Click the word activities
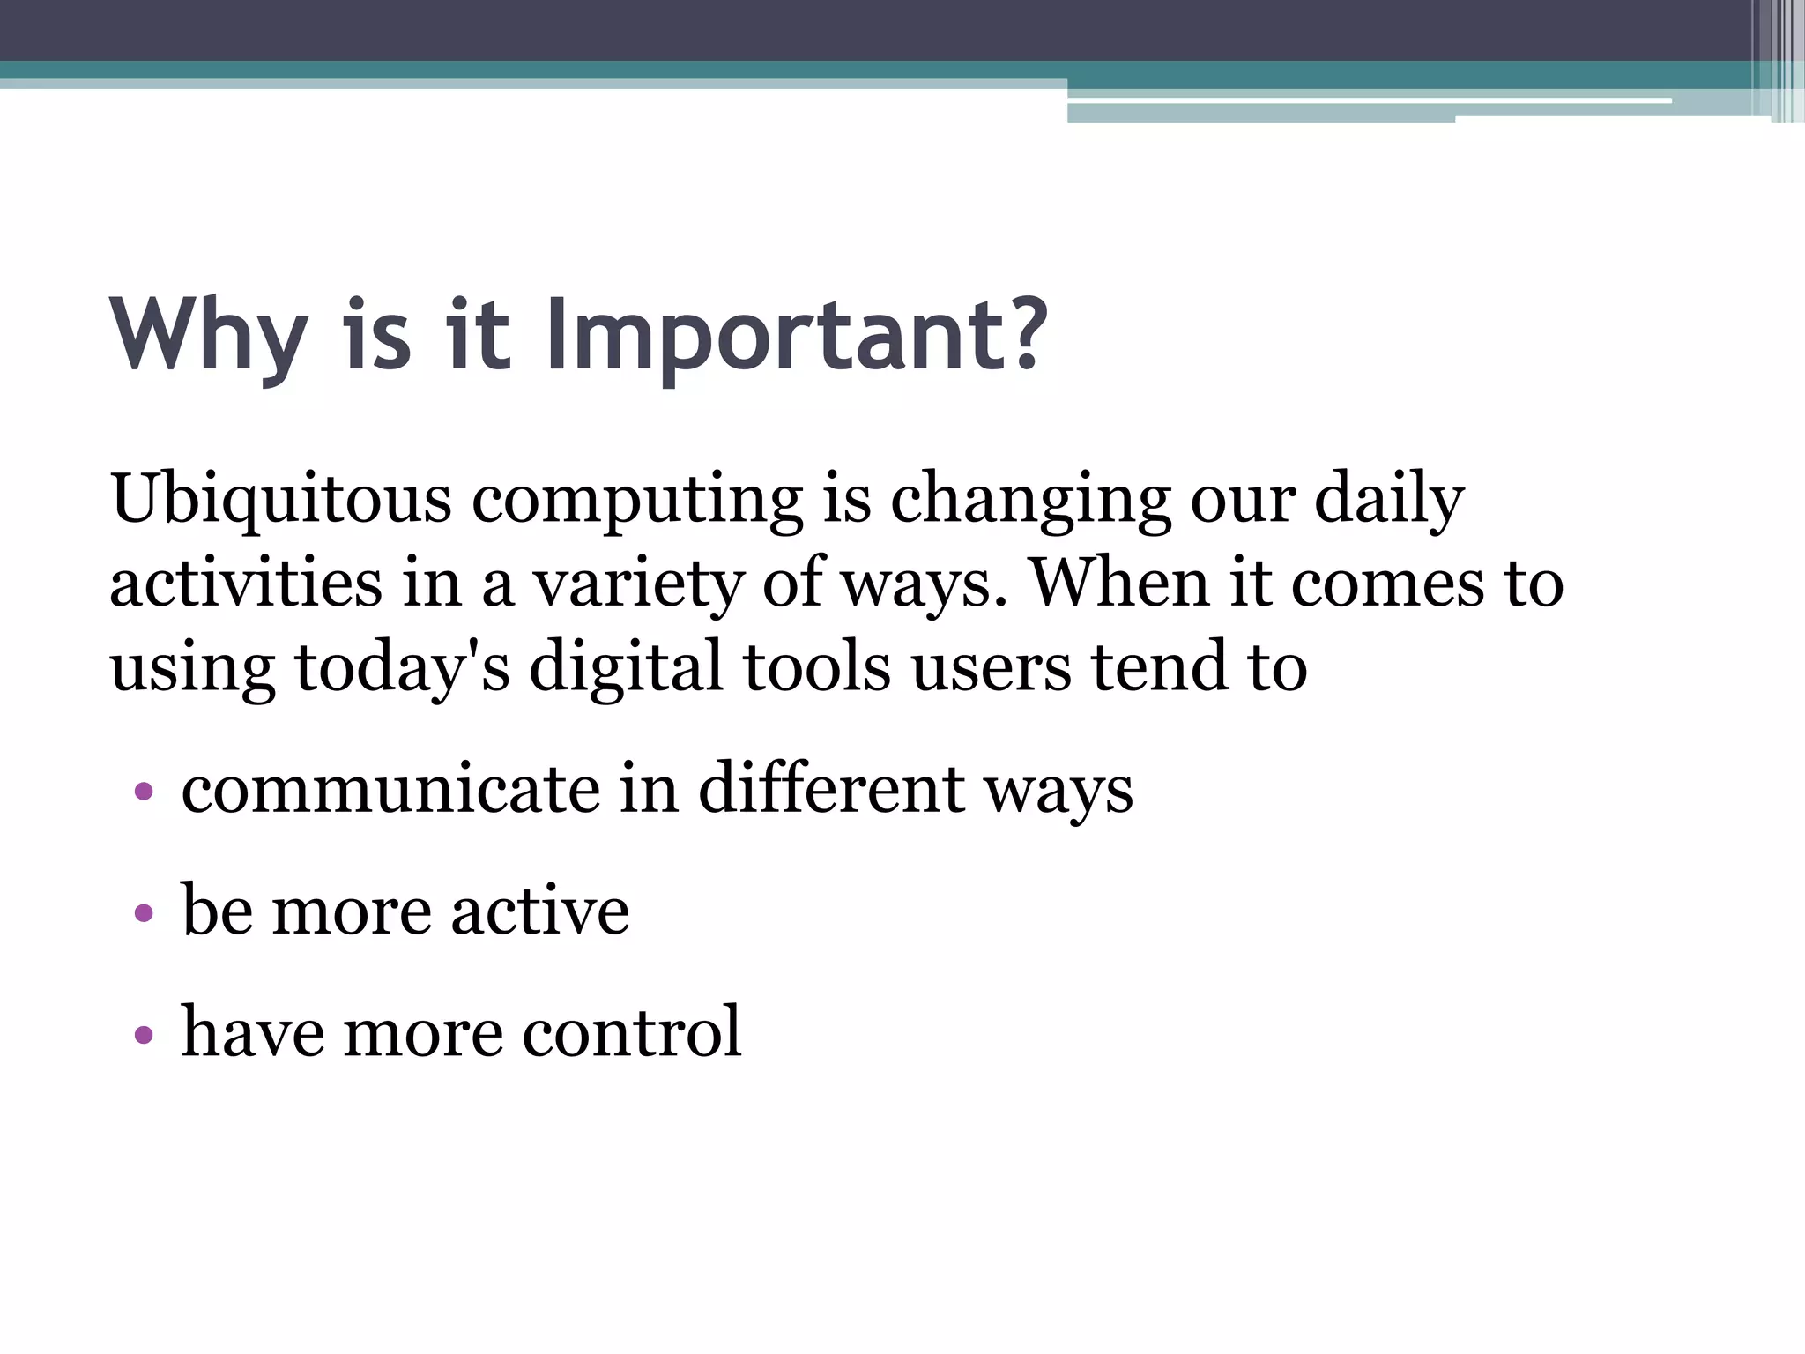pos(246,584)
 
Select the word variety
pos(638,584)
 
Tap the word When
pos(1119,584)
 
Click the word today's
pos(402,667)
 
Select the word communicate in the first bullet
pos(390,790)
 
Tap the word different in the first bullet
pos(830,790)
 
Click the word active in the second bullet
pos(540,911)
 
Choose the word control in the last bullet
pos(632,1031)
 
